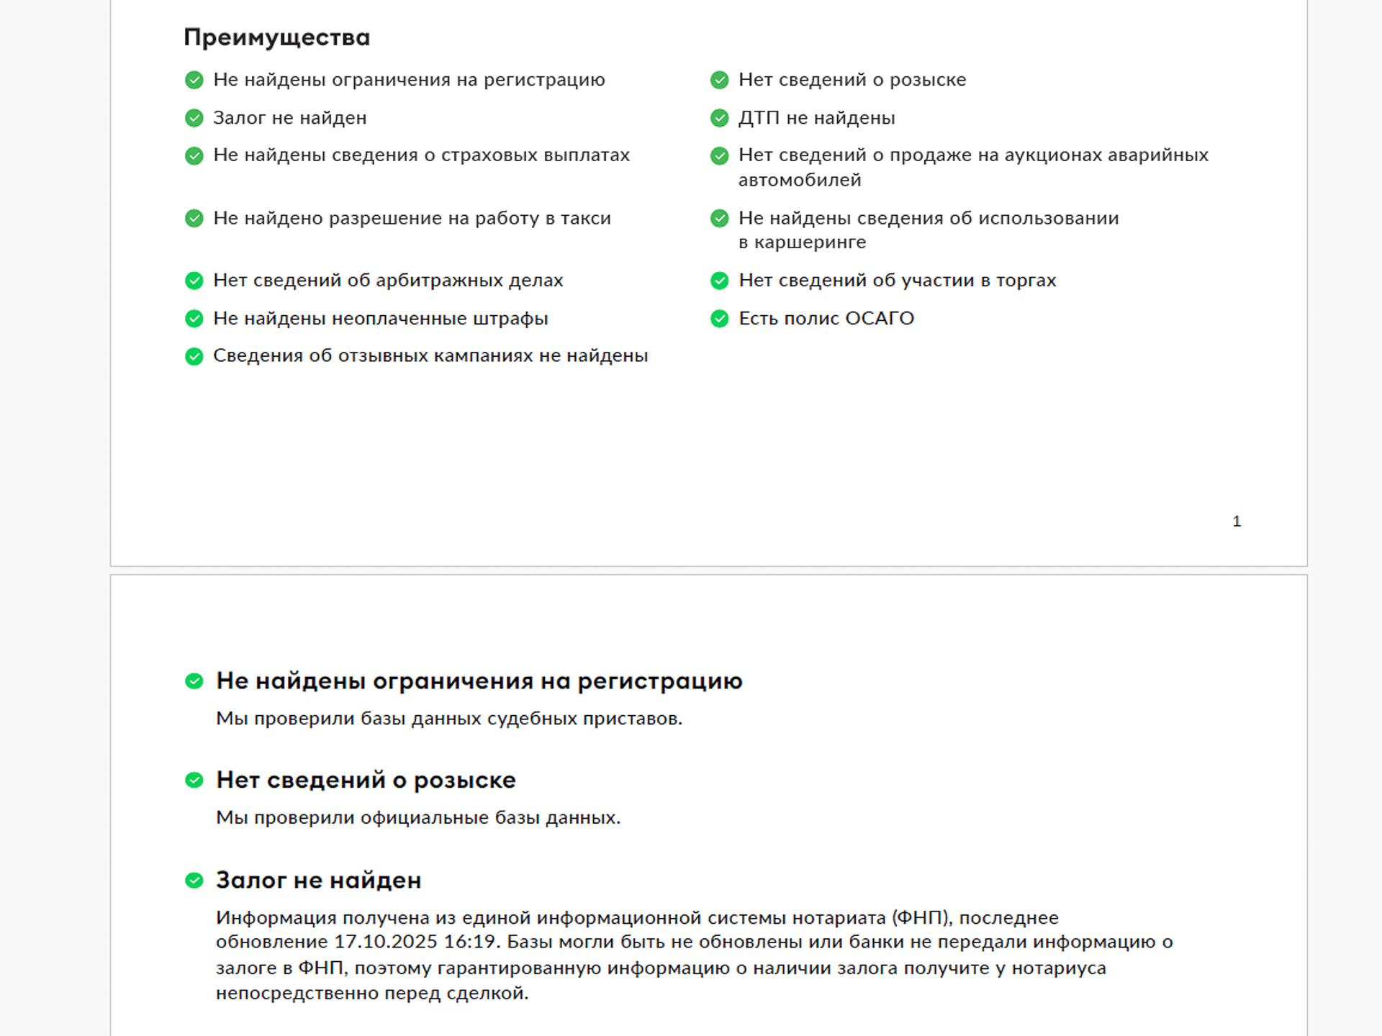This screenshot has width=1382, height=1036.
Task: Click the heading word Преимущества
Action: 276,37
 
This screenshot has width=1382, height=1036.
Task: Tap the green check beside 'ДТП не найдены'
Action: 719,118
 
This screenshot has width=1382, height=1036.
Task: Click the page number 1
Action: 1237,521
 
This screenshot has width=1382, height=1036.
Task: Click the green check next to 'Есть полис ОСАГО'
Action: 719,318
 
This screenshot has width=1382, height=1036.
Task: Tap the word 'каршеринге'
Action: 810,242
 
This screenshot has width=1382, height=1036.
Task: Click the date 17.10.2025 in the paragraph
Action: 386,942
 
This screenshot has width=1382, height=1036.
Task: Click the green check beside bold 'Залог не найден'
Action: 194,880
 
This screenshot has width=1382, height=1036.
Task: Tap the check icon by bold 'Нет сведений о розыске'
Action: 194,780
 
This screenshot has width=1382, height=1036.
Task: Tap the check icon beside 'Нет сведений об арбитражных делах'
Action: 194,281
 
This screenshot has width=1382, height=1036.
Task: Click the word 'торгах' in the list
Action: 1026,281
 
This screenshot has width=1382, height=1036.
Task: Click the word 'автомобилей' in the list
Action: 800,180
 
